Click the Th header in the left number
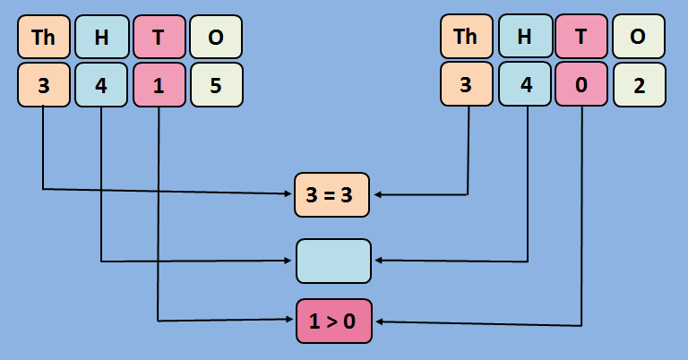pos(44,37)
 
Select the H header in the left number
pos(101,37)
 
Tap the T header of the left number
pos(159,37)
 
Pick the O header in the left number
pos(216,37)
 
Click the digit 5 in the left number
pos(216,85)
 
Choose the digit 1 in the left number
pos(159,85)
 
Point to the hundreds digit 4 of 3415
pos(101,85)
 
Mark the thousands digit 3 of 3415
pos(44,85)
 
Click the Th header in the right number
pos(467,37)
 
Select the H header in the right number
pos(524,37)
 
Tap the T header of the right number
pos(581,37)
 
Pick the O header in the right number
pos(639,37)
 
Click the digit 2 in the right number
pos(639,85)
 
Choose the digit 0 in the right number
pos(581,85)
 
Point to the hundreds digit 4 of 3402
pos(524,85)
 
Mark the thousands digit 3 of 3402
pos(467,85)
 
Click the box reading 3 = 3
pos(333,194)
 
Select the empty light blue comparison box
pos(333,261)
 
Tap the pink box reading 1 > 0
pos(333,321)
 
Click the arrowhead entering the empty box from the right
pos(378,261)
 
